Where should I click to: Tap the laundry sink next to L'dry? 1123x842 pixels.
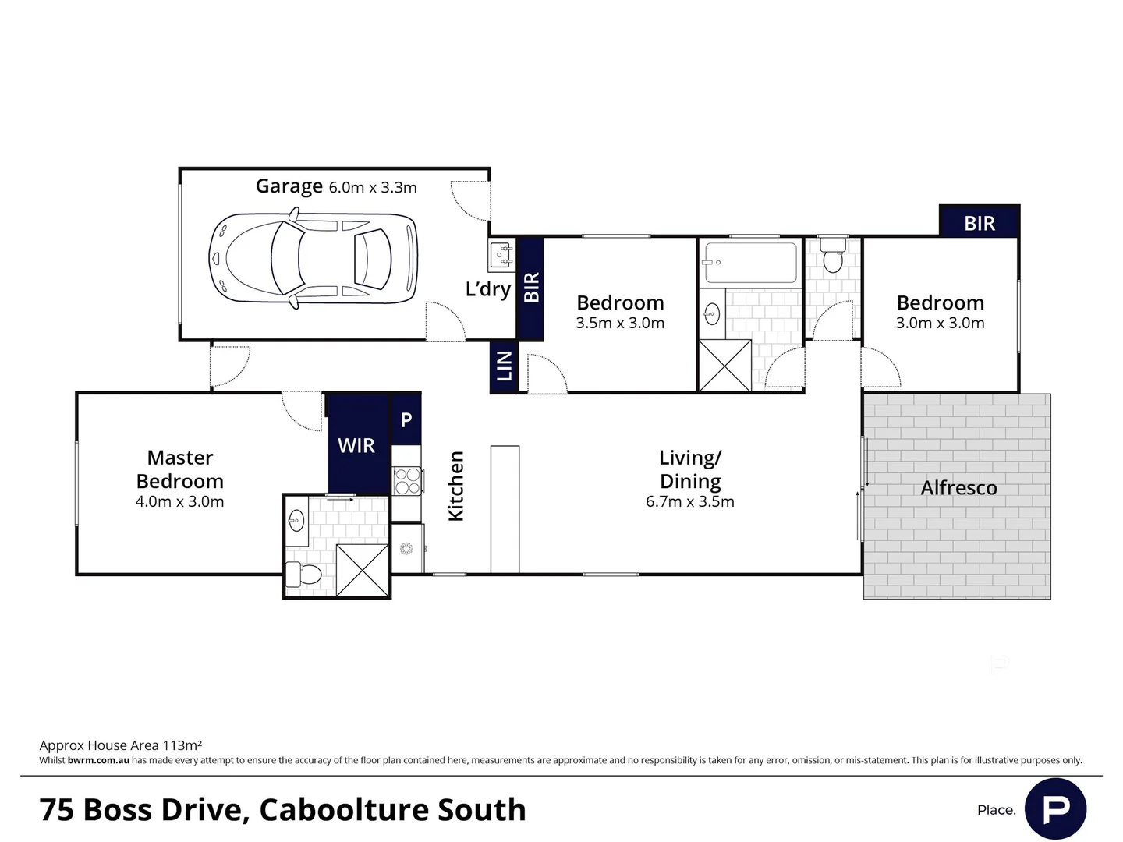(x=501, y=255)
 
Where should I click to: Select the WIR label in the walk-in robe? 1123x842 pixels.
(x=356, y=445)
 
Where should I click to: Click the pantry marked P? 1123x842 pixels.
(x=406, y=420)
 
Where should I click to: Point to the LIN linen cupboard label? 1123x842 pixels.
(x=505, y=366)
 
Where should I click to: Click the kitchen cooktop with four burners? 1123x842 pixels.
(x=406, y=480)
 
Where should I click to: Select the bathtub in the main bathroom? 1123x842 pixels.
(x=750, y=262)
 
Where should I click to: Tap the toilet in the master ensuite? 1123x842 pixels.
(x=303, y=575)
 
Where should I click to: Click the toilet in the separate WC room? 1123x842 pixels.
(x=833, y=256)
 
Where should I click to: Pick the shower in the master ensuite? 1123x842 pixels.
(x=363, y=571)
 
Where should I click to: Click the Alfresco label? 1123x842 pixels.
(x=958, y=488)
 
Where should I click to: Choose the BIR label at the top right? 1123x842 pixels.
(x=980, y=224)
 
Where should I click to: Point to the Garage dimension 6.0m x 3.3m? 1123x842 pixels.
(x=373, y=188)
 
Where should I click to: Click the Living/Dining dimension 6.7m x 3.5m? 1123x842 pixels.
(x=689, y=501)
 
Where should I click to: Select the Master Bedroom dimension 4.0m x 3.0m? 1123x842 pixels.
(x=179, y=501)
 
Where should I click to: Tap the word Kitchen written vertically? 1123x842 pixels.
(x=455, y=486)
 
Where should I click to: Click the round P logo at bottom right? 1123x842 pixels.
(x=1055, y=808)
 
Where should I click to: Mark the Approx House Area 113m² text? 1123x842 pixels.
(x=121, y=745)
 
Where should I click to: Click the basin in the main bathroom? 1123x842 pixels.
(x=711, y=314)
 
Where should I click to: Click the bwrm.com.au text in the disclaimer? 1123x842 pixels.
(x=98, y=760)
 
